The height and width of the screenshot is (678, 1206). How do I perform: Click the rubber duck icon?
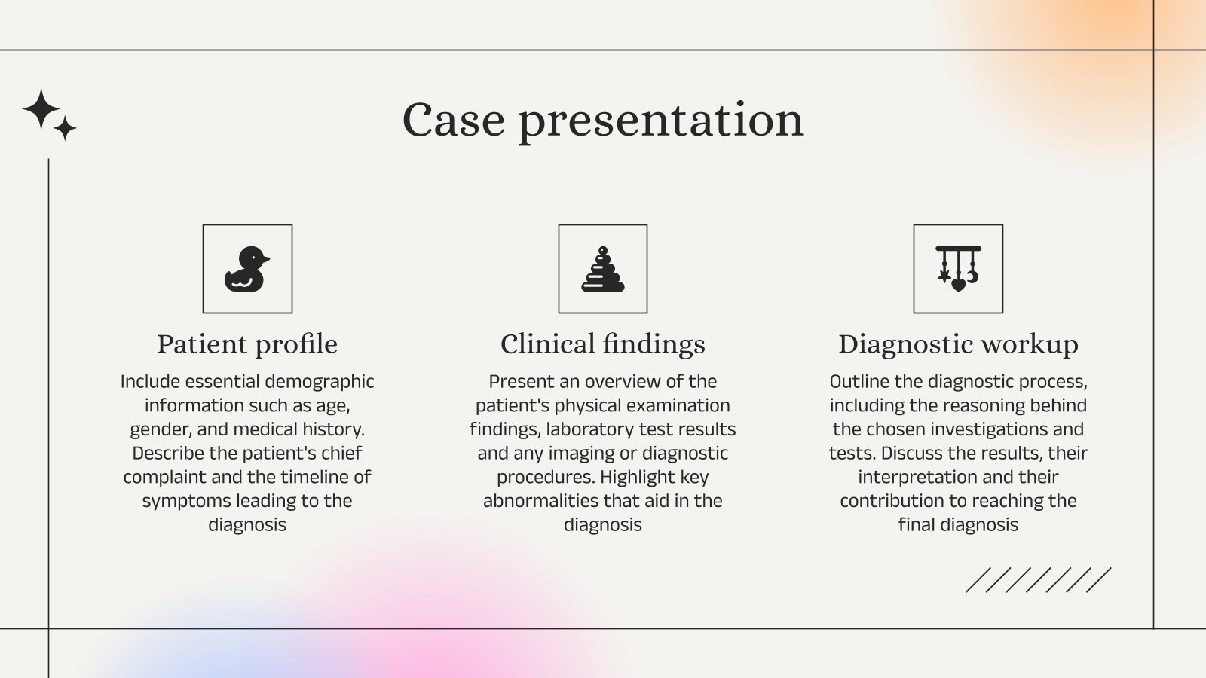click(246, 269)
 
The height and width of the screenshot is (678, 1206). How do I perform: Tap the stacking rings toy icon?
click(602, 270)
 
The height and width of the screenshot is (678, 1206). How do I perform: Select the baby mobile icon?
click(958, 269)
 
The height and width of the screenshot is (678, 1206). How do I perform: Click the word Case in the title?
click(453, 120)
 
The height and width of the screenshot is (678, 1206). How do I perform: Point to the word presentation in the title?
click(661, 120)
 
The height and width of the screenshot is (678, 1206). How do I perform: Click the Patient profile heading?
click(247, 344)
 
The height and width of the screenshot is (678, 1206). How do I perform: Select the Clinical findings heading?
click(603, 344)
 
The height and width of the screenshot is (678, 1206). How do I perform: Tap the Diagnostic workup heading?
click(958, 344)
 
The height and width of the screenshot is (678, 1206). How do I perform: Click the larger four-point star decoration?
click(41, 109)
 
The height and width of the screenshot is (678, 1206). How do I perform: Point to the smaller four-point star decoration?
click(66, 128)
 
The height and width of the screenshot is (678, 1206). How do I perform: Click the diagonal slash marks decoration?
click(1038, 580)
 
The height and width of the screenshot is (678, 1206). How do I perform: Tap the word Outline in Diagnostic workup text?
click(859, 382)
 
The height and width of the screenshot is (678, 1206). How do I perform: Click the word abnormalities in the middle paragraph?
click(541, 501)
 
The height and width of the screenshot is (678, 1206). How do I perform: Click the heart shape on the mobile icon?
click(958, 286)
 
